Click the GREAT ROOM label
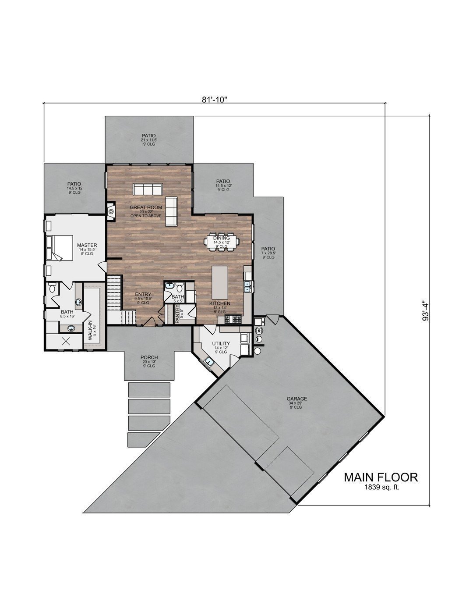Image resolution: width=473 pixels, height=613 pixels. pyautogui.click(x=146, y=207)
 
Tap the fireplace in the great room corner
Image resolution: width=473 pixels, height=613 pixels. pyautogui.click(x=111, y=212)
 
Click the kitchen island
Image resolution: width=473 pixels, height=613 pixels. pyautogui.click(x=218, y=282)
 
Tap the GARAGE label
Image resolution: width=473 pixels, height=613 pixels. pyautogui.click(x=297, y=399)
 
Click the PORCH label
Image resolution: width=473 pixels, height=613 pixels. pyautogui.click(x=149, y=357)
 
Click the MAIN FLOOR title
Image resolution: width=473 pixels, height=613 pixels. pyautogui.click(x=381, y=477)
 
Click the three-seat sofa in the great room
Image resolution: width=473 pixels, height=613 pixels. pyautogui.click(x=148, y=189)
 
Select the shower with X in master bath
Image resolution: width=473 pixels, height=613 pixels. pyautogui.click(x=67, y=342)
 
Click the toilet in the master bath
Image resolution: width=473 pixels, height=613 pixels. pyautogui.click(x=52, y=288)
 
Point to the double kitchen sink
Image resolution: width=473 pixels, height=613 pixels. pyautogui.click(x=247, y=287)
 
